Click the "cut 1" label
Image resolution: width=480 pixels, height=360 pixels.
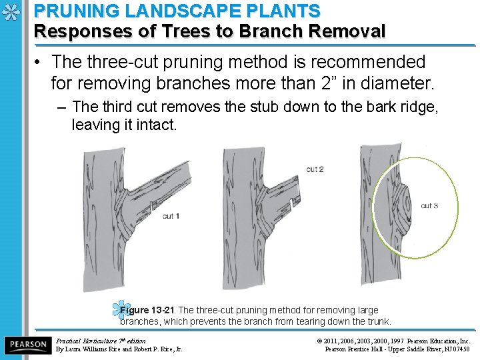(171, 216)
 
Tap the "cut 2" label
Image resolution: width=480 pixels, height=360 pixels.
(315, 169)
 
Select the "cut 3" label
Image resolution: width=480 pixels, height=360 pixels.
(429, 206)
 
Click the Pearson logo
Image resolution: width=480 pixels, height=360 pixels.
(27, 345)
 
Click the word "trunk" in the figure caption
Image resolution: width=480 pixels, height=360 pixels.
(376, 321)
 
